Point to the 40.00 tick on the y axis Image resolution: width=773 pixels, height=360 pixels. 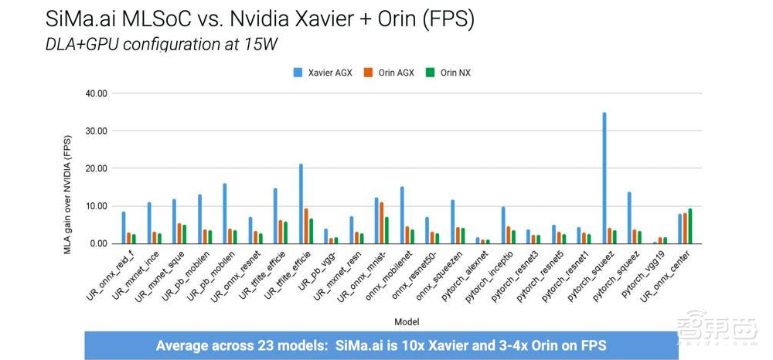[x=95, y=93]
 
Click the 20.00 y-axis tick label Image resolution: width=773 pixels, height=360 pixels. [x=95, y=168]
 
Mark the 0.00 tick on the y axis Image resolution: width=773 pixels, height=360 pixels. [x=97, y=243]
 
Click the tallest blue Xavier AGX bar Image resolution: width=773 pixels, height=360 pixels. [x=604, y=178]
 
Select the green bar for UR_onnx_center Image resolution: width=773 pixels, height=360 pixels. [x=690, y=226]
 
